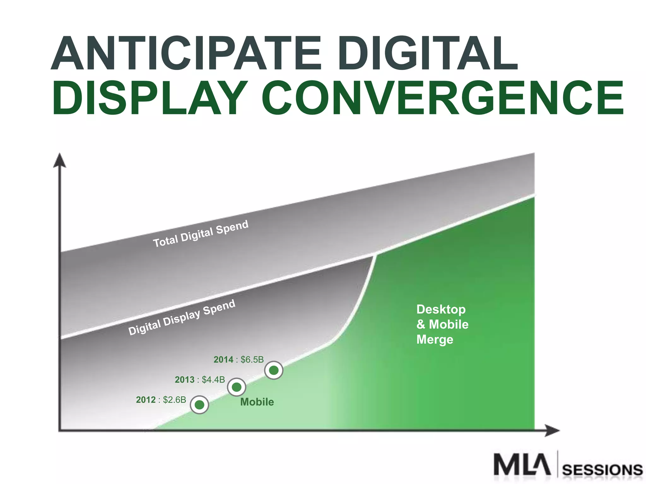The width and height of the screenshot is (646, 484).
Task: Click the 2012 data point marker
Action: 199,404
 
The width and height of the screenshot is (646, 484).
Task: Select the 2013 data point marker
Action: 236,387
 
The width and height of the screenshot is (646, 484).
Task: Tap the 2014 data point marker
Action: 273,370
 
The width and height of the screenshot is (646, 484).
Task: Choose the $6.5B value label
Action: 252,360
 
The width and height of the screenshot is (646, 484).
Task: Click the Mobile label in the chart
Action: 257,402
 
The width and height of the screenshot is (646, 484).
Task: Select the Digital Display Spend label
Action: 182,317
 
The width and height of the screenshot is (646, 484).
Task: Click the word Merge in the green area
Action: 435,340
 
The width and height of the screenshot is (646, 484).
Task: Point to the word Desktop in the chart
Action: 441,309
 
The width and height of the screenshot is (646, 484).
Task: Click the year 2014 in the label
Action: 223,360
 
